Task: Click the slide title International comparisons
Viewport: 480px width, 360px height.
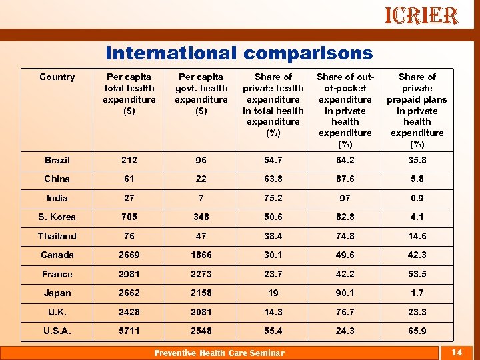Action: click(239, 53)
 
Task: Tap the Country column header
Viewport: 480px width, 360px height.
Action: click(57, 77)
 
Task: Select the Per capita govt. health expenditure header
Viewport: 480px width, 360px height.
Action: click(201, 93)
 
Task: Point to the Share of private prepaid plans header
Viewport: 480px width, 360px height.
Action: click(417, 110)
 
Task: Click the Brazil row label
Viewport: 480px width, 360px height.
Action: click(57, 160)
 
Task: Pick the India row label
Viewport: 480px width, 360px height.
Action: click(57, 198)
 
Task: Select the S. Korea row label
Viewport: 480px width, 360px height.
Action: click(57, 217)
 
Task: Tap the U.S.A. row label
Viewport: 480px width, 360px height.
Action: click(57, 331)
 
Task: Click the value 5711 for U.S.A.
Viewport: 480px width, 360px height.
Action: click(129, 331)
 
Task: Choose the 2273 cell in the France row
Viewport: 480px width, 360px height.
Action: click(201, 274)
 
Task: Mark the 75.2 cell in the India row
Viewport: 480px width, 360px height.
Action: click(273, 198)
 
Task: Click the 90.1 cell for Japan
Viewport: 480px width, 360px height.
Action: click(345, 293)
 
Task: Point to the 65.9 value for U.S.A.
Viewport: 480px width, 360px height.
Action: click(417, 331)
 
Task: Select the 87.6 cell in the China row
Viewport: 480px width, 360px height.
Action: click(345, 179)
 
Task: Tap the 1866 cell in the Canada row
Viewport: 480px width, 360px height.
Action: click(201, 255)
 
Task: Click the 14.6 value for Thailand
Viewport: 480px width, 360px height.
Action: click(417, 236)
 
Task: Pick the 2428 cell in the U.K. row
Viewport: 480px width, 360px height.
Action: click(129, 312)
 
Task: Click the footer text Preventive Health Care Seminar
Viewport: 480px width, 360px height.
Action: click(219, 353)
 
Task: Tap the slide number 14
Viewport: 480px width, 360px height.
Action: click(457, 352)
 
